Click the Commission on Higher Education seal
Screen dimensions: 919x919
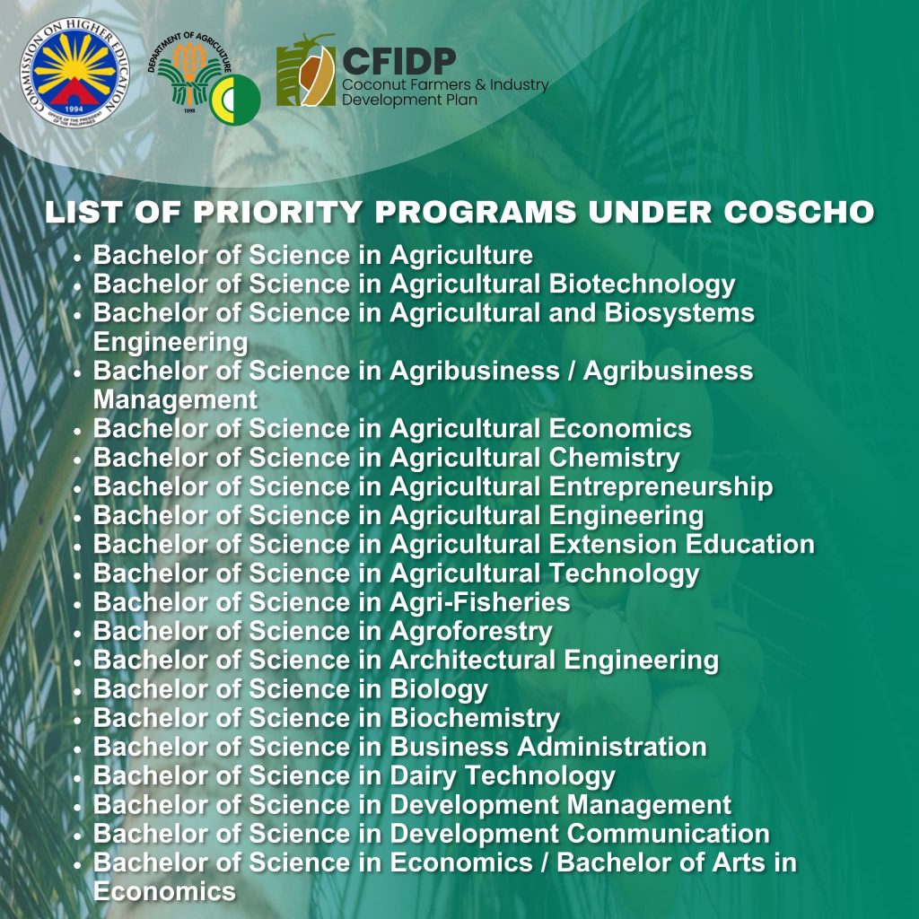pos(74,72)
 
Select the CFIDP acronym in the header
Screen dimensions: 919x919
pos(399,62)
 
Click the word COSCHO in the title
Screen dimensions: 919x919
pos(799,212)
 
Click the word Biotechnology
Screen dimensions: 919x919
pos(642,284)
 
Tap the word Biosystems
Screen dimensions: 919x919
pos(679,313)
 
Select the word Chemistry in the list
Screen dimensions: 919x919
pos(614,458)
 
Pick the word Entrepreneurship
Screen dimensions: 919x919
pos(661,487)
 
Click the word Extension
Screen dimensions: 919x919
pos(612,545)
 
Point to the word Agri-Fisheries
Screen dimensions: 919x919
pos(479,602)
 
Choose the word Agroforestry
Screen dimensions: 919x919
pos(470,632)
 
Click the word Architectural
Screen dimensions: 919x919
pos(472,660)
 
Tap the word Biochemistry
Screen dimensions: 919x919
pos(475,719)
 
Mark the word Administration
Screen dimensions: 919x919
pos(612,748)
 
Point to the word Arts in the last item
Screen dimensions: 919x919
pos(738,862)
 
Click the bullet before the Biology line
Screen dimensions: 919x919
pos(77,691)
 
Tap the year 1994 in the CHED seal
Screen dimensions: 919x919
pos(74,109)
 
